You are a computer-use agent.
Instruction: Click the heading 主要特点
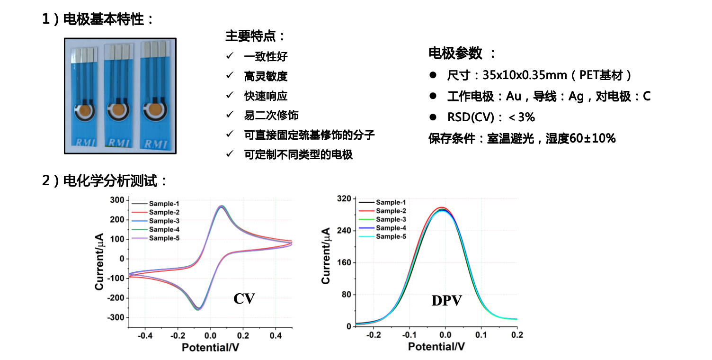click(255, 36)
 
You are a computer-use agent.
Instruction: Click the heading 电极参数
click(455, 54)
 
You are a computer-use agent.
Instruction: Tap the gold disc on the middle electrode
click(117, 110)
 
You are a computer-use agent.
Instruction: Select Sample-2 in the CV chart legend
click(164, 212)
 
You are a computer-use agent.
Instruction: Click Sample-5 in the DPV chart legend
click(391, 236)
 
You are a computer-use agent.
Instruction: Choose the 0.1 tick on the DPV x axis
click(481, 335)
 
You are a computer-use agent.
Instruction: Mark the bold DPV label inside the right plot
click(446, 300)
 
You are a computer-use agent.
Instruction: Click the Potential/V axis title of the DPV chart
click(436, 347)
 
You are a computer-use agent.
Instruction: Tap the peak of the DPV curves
click(442, 208)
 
